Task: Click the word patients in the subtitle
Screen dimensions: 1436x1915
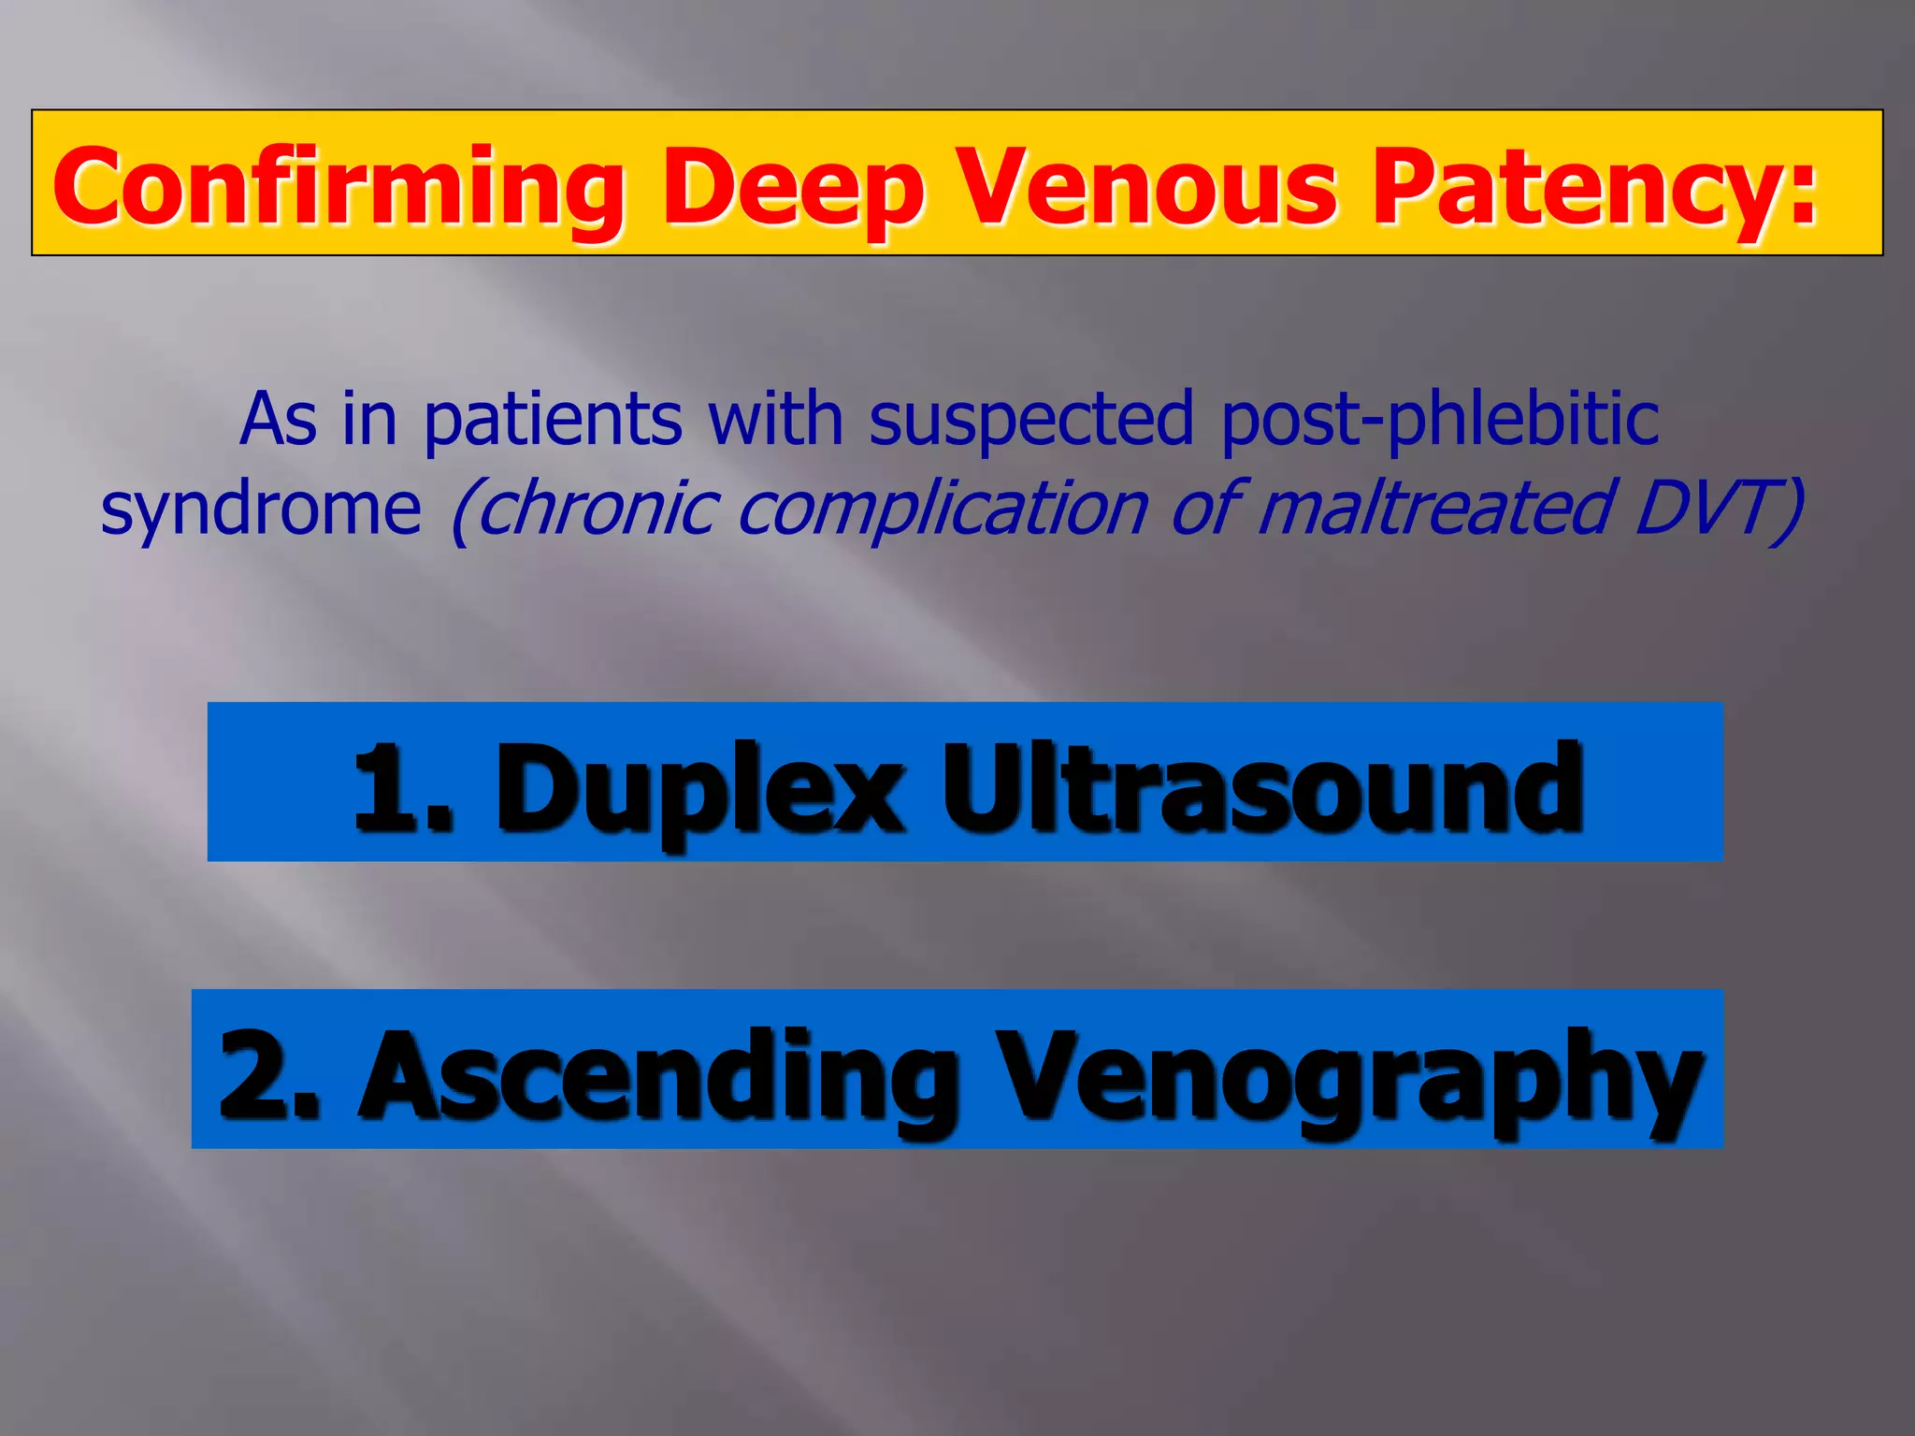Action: pos(553,421)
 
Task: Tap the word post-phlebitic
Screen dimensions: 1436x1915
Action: pos(1440,421)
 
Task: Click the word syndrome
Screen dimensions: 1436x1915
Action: pos(261,510)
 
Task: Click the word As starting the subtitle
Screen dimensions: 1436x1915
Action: pos(278,421)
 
